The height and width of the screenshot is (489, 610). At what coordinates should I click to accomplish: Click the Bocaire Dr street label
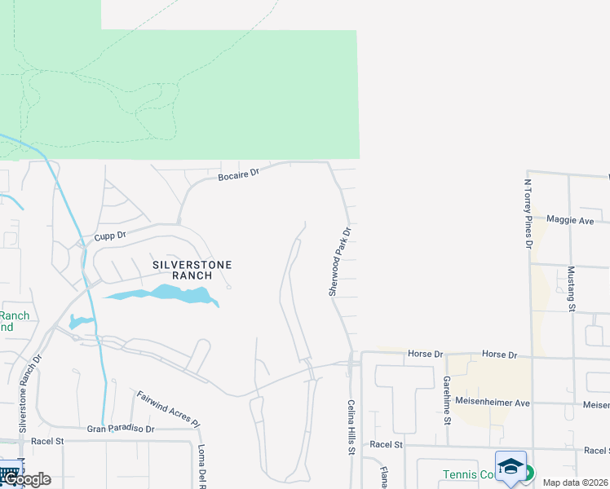(238, 174)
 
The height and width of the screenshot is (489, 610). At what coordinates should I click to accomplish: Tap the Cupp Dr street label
(110, 236)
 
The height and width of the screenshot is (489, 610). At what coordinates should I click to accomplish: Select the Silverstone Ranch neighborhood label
(192, 270)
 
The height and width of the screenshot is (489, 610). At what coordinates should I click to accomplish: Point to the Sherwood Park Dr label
(340, 262)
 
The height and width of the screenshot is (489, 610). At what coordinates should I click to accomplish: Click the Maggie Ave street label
(570, 220)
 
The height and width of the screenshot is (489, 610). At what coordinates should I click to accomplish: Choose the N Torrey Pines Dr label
(528, 214)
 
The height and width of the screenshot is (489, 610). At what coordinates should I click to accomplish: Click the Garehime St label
(447, 400)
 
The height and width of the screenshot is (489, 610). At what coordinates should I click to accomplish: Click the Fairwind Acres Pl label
(168, 409)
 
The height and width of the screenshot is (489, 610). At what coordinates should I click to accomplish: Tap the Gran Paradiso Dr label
(121, 428)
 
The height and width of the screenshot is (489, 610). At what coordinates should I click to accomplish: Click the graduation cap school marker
(511, 466)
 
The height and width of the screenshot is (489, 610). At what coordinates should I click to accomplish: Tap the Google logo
(26, 479)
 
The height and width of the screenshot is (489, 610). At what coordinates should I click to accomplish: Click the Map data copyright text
(576, 482)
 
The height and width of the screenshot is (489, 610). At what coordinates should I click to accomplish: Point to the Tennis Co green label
(468, 474)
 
